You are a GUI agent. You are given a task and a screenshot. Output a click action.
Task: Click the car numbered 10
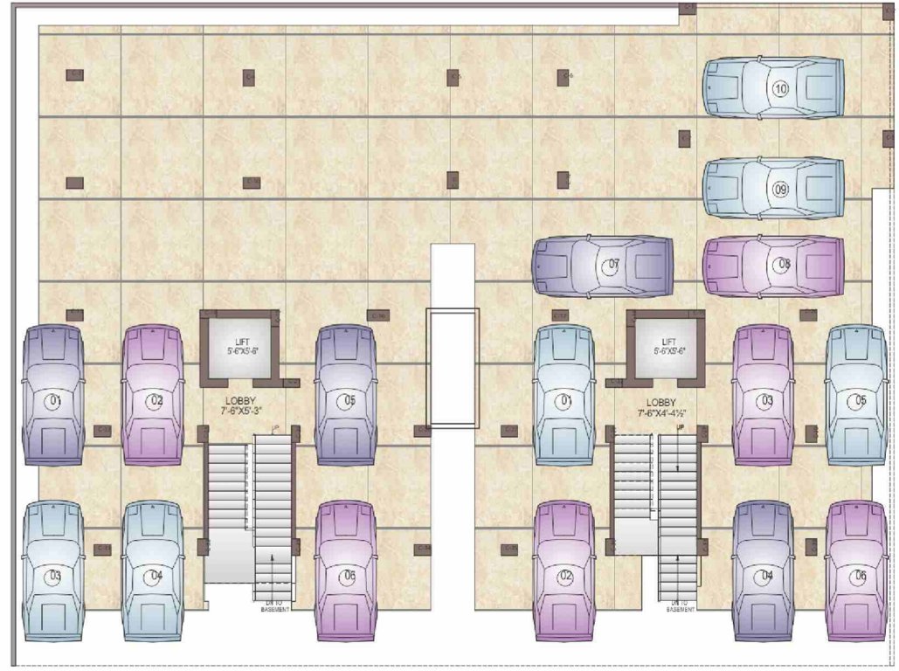coord(773,88)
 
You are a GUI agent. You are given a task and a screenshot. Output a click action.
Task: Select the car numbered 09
coord(773,188)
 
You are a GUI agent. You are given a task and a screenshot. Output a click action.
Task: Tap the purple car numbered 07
coord(604,265)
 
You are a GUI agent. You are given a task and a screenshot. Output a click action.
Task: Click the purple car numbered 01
coord(53,395)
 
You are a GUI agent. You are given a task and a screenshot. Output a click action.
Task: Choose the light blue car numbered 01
coord(564,395)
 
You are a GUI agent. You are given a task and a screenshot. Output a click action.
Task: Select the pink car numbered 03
coord(764,395)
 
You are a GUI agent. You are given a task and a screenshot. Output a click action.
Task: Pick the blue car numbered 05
coord(857,395)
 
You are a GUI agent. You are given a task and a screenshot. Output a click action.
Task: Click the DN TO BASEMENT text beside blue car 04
coord(274,605)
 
